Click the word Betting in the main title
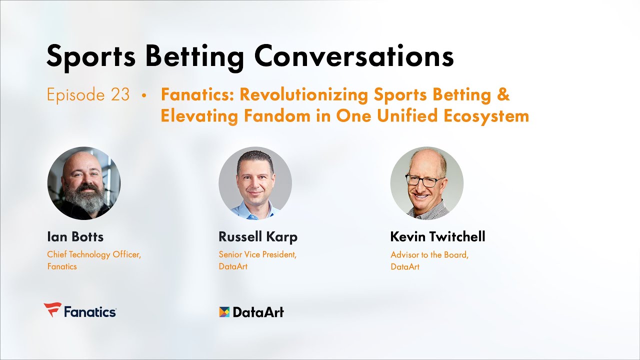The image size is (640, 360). (x=192, y=56)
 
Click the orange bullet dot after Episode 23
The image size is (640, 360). (x=144, y=95)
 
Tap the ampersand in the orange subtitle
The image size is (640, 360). (x=502, y=94)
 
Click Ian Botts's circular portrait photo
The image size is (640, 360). (x=84, y=183)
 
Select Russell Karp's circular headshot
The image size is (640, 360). (x=255, y=183)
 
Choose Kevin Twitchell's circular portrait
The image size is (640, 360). (x=426, y=183)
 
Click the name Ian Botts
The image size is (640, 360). (x=75, y=236)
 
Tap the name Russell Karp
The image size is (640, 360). (x=258, y=236)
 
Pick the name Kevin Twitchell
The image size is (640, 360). (x=437, y=236)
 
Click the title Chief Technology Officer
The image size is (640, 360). (x=94, y=254)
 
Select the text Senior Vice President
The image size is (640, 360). (x=257, y=254)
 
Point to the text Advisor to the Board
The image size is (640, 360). (x=429, y=254)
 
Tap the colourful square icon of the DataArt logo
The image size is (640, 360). (x=224, y=312)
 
